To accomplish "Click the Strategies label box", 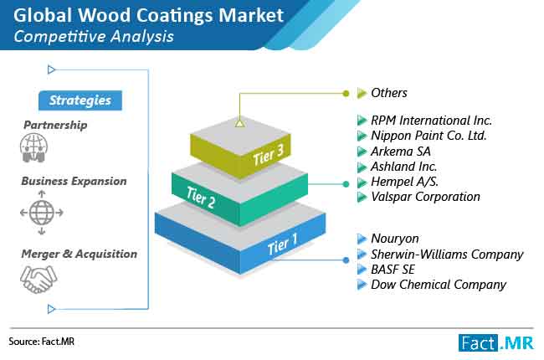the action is click(x=80, y=100).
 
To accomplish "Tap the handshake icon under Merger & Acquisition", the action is click(x=38, y=279).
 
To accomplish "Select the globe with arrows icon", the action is click(x=42, y=213).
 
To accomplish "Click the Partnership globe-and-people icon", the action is click(x=33, y=148).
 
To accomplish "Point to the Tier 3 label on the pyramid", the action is click(x=269, y=155).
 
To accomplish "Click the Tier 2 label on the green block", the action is click(x=201, y=198).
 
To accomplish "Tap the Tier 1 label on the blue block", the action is click(x=282, y=244).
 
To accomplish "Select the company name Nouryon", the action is click(x=395, y=239).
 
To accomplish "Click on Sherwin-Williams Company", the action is click(x=447, y=255).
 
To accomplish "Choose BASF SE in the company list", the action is click(x=393, y=270).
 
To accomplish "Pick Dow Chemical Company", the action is click(x=439, y=285).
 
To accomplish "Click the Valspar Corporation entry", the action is click(x=425, y=197).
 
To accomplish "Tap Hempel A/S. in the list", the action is click(x=404, y=182).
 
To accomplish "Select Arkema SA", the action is click(x=401, y=152).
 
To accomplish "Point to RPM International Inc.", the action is click(x=431, y=121).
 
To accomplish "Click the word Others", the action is click(x=389, y=93).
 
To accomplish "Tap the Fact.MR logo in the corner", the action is click(x=496, y=342).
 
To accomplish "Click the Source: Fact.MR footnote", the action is click(x=42, y=342).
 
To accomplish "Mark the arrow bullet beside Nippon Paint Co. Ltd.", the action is click(x=362, y=136).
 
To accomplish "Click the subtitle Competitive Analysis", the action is click(x=94, y=37).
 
